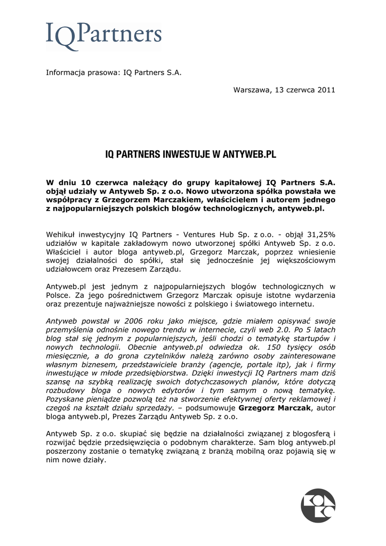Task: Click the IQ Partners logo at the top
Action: pyautogui.click(x=103, y=36)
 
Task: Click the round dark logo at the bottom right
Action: pyautogui.click(x=318, y=505)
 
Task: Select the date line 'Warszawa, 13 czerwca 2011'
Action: pyautogui.click(x=284, y=90)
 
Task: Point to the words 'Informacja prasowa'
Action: pyautogui.click(x=80, y=73)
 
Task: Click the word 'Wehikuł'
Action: pyautogui.click(x=60, y=234)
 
